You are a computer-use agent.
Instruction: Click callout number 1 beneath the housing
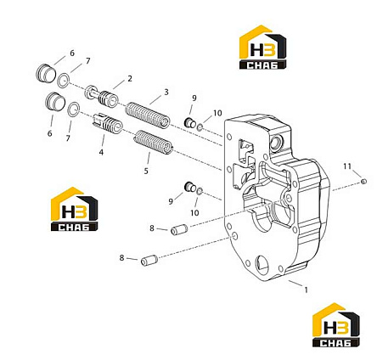click(x=306, y=290)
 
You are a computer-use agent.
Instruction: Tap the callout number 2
click(x=130, y=79)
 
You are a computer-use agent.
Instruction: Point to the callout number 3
click(x=166, y=92)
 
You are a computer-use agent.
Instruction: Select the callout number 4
click(x=101, y=152)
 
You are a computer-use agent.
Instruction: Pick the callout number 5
click(x=146, y=171)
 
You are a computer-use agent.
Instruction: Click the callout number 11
click(x=347, y=166)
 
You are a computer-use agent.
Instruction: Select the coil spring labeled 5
click(x=153, y=143)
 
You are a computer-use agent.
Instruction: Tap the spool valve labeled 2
click(x=102, y=96)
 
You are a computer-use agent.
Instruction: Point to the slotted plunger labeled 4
click(x=108, y=124)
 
